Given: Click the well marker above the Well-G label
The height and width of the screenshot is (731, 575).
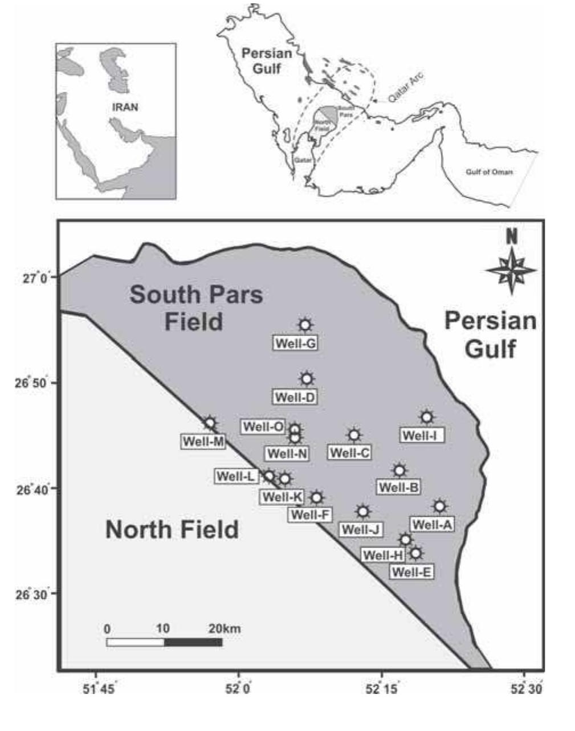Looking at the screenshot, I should coord(305,325).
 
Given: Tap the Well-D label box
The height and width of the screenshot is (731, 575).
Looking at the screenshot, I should coord(295,397).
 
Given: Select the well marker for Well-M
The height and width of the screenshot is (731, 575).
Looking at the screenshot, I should coord(210,423).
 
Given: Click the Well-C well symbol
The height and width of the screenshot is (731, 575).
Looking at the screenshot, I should coord(354,435).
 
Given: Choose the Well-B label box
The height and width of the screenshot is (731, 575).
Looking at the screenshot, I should coord(399,487).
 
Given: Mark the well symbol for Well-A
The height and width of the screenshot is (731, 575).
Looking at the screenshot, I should coord(439,506).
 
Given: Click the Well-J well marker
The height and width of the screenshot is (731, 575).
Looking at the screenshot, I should coord(363,511).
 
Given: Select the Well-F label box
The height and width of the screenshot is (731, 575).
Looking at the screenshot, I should coord(311,515).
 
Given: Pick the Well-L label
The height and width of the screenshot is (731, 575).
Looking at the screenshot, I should coord(235,476).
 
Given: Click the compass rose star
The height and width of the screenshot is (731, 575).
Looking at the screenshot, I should coord(511,269).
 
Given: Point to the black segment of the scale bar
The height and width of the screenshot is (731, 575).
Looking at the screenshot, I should coord(193,642).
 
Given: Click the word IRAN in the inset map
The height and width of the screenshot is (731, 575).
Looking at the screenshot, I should coord(125,107).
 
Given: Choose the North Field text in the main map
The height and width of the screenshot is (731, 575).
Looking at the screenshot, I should coord(172,530).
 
